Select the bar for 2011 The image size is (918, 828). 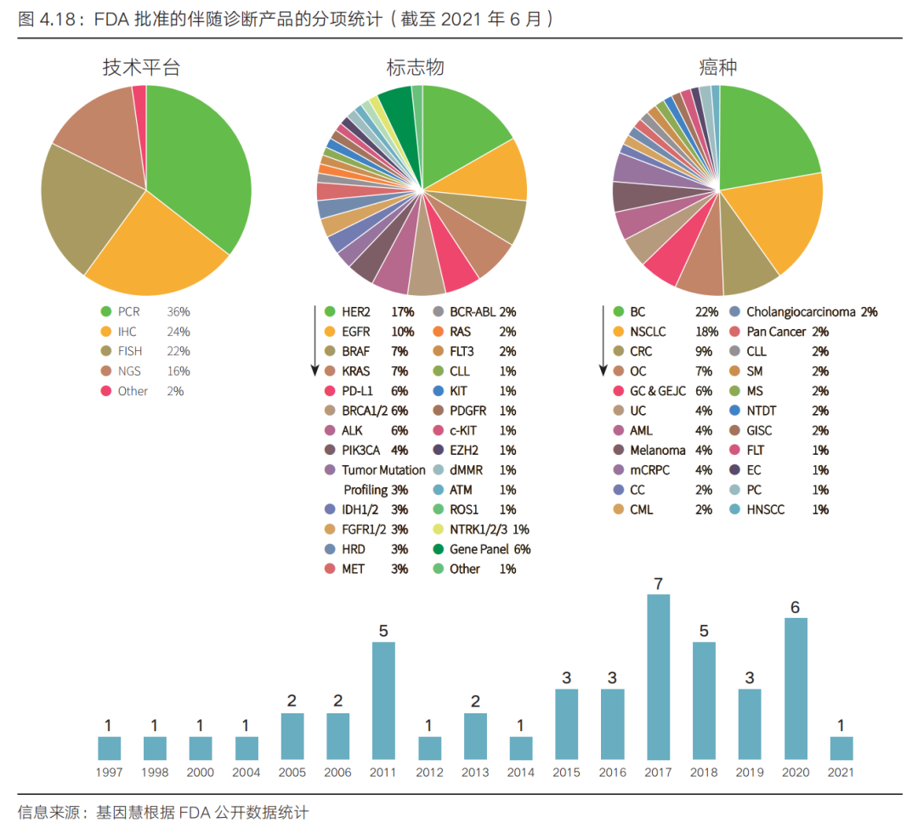383,700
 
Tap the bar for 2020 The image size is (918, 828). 795,689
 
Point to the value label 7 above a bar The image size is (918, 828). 658,584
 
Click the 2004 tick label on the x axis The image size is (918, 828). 246,773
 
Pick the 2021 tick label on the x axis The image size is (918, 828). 841,773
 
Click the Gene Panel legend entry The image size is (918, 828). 479,549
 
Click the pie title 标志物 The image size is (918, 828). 416,67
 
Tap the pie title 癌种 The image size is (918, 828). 717,67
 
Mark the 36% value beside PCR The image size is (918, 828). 178,312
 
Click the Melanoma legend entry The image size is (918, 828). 657,451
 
